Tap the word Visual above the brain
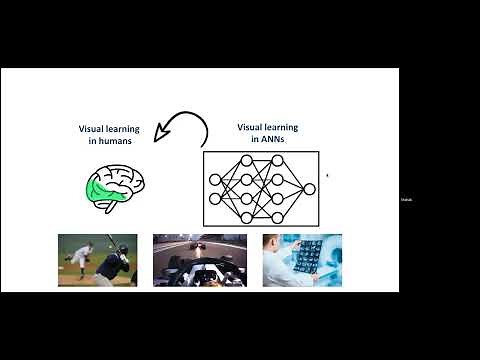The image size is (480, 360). point(95,128)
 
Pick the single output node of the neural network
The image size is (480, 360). point(309,188)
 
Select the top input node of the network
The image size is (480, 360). point(215,179)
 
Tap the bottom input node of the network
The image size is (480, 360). point(215,198)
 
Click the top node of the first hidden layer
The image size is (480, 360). point(246,162)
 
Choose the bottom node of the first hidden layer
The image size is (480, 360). point(246,216)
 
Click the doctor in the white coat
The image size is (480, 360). point(280,262)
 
